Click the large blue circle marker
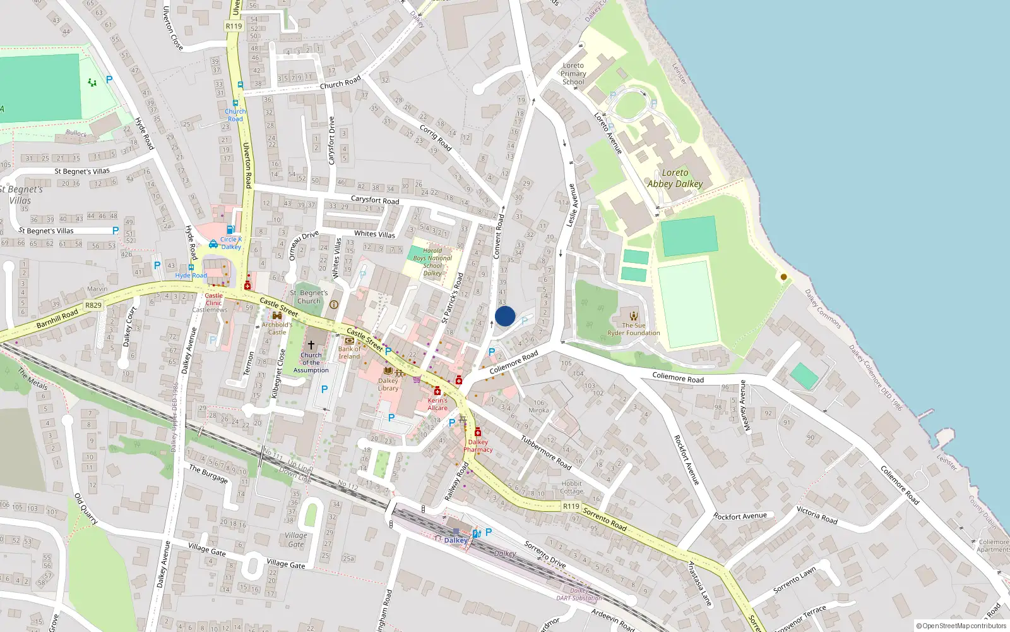pos(505,316)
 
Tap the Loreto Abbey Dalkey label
pos(675,178)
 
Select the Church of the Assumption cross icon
pos(311,345)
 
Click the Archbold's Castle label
pos(277,328)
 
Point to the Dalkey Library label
pos(388,384)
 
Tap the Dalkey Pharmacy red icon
pos(478,432)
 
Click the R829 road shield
pos(93,305)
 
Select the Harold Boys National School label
pos(432,262)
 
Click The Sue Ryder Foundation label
pos(633,329)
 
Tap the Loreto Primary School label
pos(573,73)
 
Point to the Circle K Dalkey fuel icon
pos(230,229)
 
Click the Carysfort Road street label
pos(375,200)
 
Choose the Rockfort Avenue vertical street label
pos(686,460)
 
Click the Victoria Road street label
pos(817,515)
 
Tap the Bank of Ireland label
pos(349,353)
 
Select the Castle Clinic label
pos(213,299)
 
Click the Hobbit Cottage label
pos(571,487)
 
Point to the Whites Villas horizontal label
pos(374,234)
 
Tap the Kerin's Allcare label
pos(437,404)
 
